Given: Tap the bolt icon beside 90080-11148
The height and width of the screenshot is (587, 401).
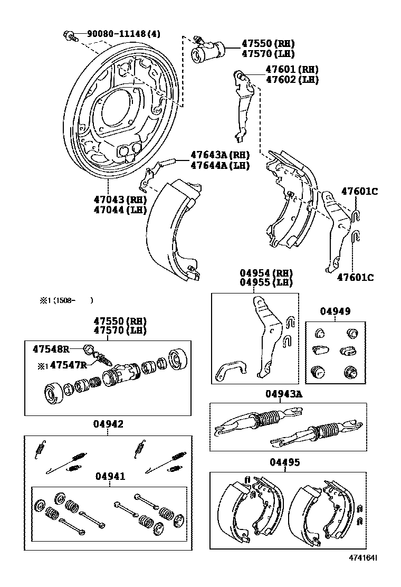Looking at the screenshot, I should [70, 36].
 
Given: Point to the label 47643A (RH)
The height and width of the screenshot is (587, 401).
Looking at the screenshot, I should [219, 155].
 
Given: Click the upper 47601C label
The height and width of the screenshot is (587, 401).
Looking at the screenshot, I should [359, 192].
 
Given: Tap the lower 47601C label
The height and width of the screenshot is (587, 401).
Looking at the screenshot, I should [355, 277].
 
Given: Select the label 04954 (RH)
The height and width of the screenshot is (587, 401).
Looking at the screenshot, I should [266, 273].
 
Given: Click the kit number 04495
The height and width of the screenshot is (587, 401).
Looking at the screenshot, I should [285, 462].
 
